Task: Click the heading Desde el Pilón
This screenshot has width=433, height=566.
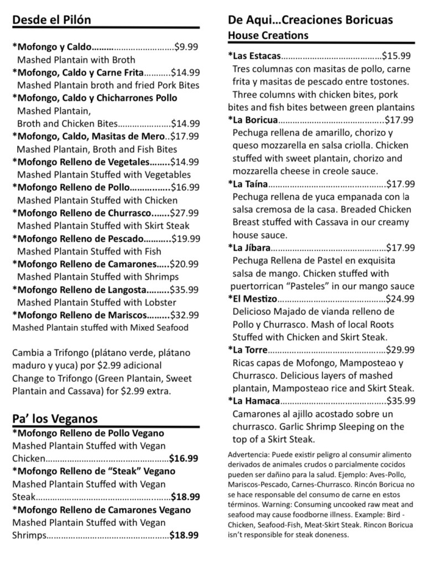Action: [x=51, y=20]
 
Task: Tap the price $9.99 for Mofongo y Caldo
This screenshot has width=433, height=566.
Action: [x=186, y=47]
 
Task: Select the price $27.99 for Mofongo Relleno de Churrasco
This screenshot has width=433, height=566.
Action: [x=185, y=213]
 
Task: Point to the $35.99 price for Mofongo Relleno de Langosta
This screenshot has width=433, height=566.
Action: [x=185, y=289]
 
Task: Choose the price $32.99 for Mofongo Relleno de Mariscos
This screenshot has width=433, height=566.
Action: [x=185, y=315]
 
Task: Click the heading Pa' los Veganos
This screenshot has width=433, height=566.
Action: [x=55, y=418]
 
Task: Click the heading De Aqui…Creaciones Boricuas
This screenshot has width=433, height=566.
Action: [x=310, y=20]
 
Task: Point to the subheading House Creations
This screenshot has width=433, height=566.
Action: [x=268, y=35]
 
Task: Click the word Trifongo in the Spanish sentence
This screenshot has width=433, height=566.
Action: [x=64, y=352]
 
